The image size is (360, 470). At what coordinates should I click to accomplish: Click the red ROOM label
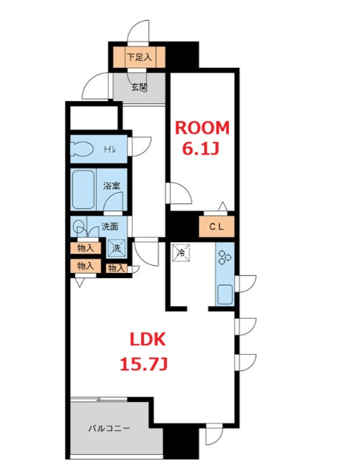click(x=202, y=128)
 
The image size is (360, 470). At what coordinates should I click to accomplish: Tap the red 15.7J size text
click(x=143, y=364)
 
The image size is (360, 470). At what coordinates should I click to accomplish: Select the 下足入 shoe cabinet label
click(x=140, y=57)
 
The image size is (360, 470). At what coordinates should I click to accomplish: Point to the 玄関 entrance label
click(x=140, y=87)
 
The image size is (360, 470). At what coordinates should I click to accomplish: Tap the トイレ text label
click(x=110, y=149)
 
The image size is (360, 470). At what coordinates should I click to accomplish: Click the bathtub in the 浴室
click(x=84, y=189)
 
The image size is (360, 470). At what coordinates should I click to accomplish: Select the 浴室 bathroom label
click(x=112, y=186)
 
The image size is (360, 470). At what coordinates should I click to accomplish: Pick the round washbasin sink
click(x=79, y=226)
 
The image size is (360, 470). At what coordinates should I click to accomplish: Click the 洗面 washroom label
click(x=110, y=226)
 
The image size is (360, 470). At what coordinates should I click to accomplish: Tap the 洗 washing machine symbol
click(x=117, y=248)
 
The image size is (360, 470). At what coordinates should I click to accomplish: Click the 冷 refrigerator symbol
click(x=181, y=253)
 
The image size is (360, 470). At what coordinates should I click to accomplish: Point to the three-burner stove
click(x=225, y=257)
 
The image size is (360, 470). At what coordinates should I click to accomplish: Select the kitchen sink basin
click(x=225, y=294)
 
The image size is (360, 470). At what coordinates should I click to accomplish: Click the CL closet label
click(x=217, y=227)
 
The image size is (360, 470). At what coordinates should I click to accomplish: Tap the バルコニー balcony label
click(x=109, y=428)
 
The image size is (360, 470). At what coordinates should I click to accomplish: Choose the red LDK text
click(x=147, y=340)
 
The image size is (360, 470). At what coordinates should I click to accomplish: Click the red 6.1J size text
click(x=200, y=148)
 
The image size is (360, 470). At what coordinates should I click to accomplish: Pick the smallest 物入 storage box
click(x=116, y=268)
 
